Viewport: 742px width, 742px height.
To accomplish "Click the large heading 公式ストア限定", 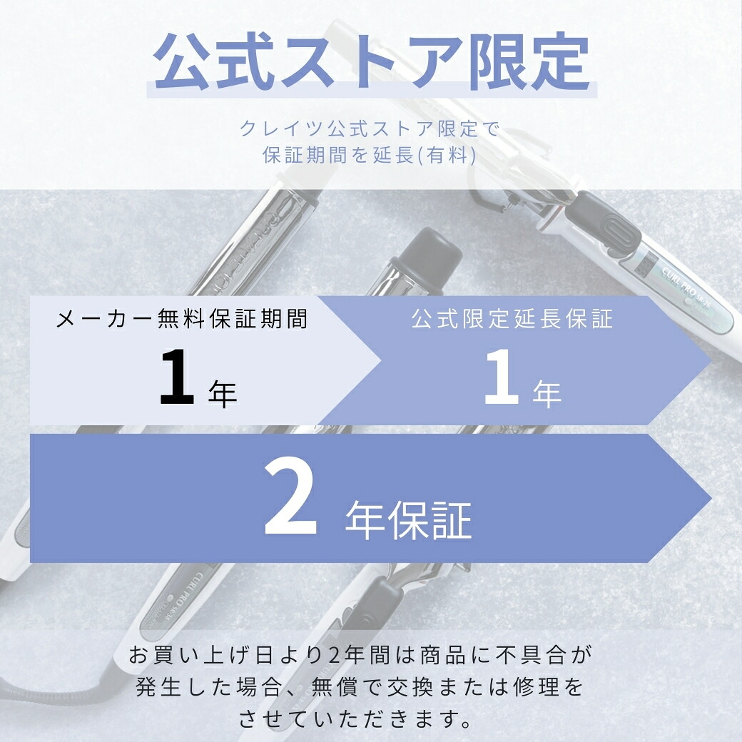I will pos(371,63).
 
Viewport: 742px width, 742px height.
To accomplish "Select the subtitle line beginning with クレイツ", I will pos(370,129).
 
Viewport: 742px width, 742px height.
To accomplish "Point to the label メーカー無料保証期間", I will pos(182,319).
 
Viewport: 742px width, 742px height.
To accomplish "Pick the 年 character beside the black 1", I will pos(223,394).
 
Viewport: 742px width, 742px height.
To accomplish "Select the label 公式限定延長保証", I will pos(512,319).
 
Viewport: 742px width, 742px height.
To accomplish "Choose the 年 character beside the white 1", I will pos(547,394).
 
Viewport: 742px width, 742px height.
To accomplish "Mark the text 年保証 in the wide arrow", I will pos(408,519).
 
